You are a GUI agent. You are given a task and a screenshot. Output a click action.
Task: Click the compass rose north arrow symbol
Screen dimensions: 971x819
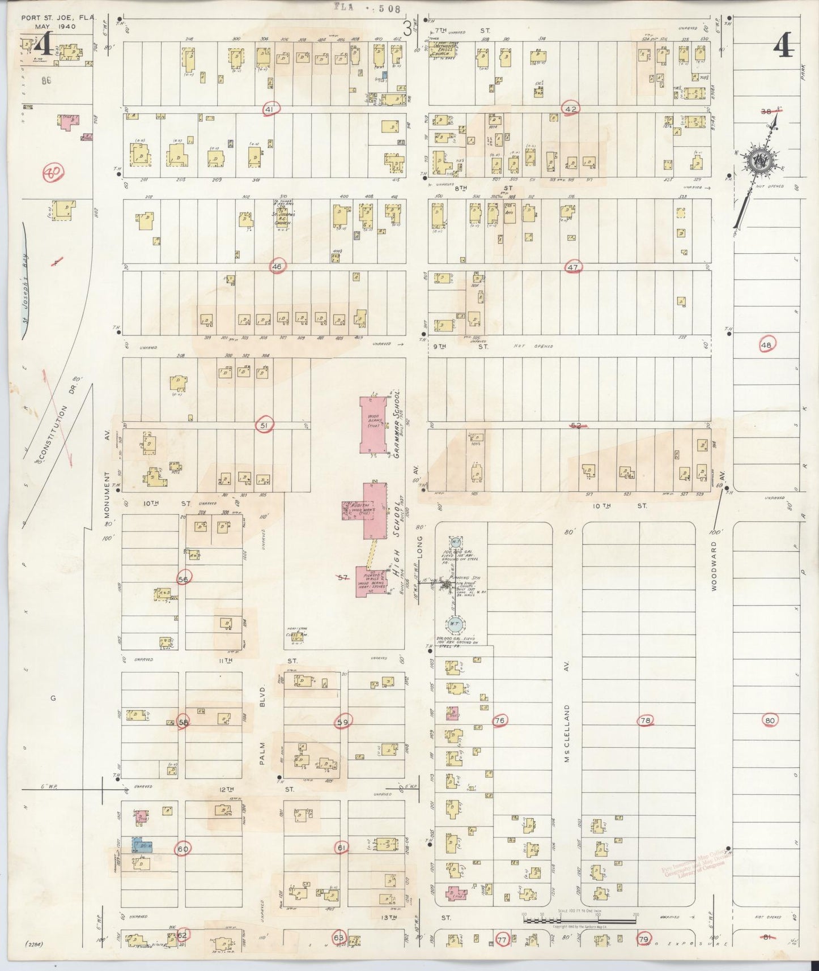757,161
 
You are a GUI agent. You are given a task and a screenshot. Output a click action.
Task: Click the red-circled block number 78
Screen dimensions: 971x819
645,721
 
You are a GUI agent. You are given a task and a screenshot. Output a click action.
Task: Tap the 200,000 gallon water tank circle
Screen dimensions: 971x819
454,624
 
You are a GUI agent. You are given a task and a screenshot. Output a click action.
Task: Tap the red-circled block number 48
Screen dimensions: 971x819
767,344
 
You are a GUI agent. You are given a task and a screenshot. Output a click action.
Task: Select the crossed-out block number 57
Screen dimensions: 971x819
342,578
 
